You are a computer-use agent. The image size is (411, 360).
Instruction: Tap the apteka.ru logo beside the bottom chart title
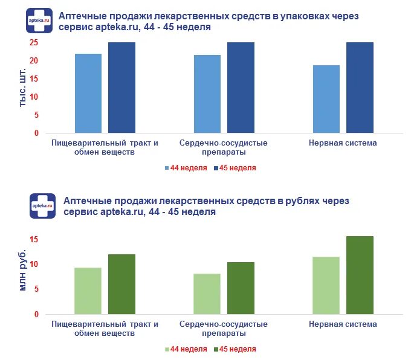coord(42,206)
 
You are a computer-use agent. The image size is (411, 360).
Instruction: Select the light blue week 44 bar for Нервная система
coord(326,99)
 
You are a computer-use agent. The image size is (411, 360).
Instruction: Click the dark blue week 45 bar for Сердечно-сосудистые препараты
coord(241,88)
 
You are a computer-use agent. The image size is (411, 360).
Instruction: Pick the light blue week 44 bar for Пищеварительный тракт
coord(88,93)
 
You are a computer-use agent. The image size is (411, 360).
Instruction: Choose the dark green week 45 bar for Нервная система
coord(360,275)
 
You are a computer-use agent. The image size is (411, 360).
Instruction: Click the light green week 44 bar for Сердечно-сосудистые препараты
coord(207,294)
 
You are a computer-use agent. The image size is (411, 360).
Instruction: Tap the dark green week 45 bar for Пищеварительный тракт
coord(121,284)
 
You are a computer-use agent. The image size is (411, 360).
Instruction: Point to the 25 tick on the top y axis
coord(34,43)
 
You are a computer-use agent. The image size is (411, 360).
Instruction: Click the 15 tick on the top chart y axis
coord(34,79)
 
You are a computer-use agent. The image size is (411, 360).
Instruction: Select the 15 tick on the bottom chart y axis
coord(34,240)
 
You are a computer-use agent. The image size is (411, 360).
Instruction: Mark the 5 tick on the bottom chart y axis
coord(36,289)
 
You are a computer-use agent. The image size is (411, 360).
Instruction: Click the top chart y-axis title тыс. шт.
coord(22,88)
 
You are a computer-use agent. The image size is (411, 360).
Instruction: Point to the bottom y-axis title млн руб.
coord(22,269)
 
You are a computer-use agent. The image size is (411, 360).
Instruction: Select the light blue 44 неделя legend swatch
coord(167,168)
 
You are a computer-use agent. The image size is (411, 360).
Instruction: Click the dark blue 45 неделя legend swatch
coord(215,168)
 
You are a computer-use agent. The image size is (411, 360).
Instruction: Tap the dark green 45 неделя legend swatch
coord(215,349)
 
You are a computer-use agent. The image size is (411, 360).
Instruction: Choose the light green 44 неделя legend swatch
coord(167,349)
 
